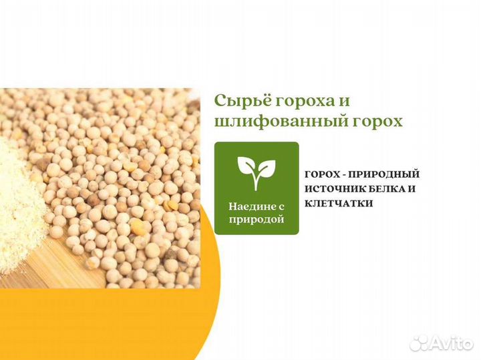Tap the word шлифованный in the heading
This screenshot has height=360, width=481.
click(267, 122)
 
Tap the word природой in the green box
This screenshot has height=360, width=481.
click(257, 219)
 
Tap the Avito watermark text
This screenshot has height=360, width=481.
click(448, 343)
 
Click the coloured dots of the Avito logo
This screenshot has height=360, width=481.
click(419, 343)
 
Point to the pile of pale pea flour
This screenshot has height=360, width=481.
click(20, 200)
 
